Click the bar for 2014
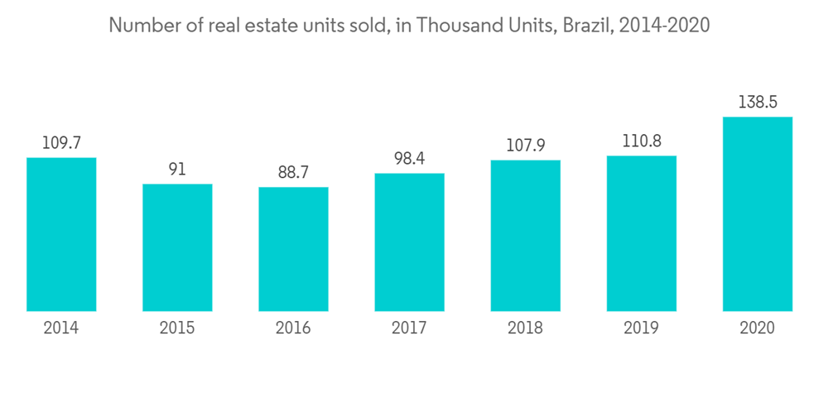61,234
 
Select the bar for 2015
177,247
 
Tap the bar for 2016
293,249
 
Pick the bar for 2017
409,242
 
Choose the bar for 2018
525,235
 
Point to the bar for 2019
641,233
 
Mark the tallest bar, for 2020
757,213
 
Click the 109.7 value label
61,143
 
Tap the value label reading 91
177,170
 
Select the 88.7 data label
293,173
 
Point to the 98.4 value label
409,159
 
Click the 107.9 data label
525,146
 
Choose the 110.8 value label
641,141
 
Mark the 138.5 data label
757,103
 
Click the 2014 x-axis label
61,328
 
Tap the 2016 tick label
293,328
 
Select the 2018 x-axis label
525,328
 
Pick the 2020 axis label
757,328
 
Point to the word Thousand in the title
453,26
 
